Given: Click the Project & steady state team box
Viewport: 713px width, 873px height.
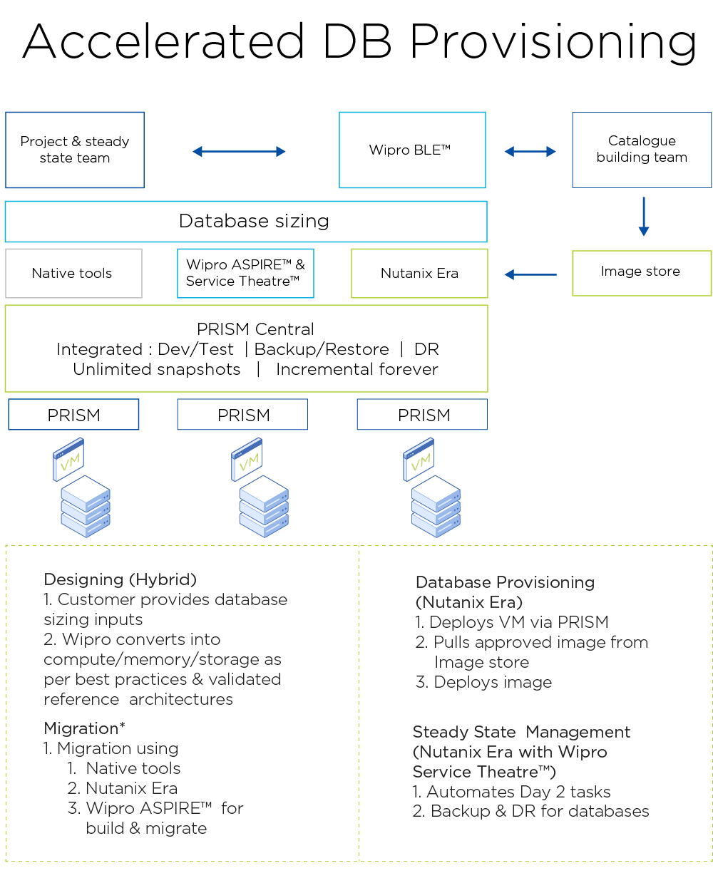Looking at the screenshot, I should coord(75,150).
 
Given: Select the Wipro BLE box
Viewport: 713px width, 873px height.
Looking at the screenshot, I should coord(412,150).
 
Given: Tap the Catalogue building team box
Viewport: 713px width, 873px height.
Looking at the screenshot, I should coord(642,150).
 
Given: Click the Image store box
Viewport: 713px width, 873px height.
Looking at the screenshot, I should coord(642,272).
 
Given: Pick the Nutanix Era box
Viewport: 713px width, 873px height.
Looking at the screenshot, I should coord(419,273).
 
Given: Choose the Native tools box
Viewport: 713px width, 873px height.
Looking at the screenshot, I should coord(73,273).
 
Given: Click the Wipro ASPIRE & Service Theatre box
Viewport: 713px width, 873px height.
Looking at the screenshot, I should coord(245,273).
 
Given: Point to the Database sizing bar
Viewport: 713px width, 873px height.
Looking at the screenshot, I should coord(246,222).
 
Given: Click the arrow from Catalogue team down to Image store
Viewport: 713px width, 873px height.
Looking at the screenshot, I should coord(643,216).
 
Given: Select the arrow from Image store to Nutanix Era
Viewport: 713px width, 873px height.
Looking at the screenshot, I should coord(530,274).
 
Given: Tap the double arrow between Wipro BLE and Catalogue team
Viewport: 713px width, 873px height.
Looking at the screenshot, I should coord(530,151).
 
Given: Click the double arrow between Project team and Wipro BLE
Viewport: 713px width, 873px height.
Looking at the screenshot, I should coord(239,151).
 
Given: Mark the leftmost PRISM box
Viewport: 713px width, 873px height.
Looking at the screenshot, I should coord(73,415).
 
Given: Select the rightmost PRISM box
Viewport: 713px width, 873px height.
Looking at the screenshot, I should coord(422,415).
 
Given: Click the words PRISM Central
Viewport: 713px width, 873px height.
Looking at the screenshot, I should coord(255,329).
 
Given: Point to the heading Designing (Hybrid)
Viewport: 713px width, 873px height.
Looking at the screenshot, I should coord(120,579).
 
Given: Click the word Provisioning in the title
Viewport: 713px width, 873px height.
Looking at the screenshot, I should coord(553,41).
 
